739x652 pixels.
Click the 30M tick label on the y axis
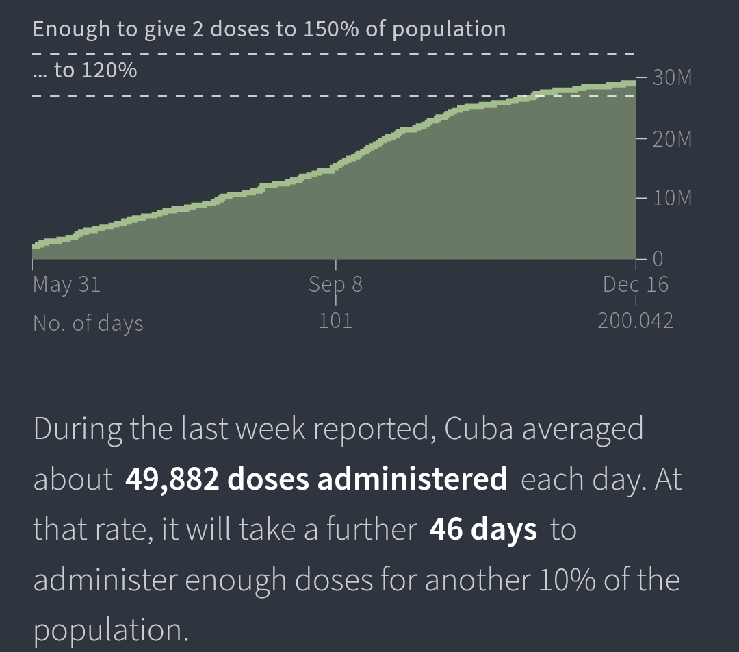pyautogui.click(x=672, y=78)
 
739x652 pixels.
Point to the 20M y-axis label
pyautogui.click(x=672, y=140)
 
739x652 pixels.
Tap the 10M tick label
pyautogui.click(x=672, y=199)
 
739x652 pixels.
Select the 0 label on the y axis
pyautogui.click(x=658, y=259)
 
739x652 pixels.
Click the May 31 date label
pyautogui.click(x=66, y=284)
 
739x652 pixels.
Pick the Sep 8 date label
pyautogui.click(x=335, y=284)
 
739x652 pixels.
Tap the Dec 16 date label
pyautogui.click(x=635, y=284)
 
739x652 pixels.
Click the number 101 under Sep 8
pyautogui.click(x=335, y=321)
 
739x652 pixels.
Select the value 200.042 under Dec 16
pyautogui.click(x=635, y=321)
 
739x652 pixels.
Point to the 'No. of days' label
pyautogui.click(x=88, y=323)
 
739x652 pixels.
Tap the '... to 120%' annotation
pyautogui.click(x=85, y=70)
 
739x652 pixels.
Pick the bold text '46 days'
pyautogui.click(x=482, y=529)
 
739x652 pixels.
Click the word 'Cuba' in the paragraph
pyautogui.click(x=479, y=429)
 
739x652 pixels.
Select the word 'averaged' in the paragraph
pyautogui.click(x=582, y=429)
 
